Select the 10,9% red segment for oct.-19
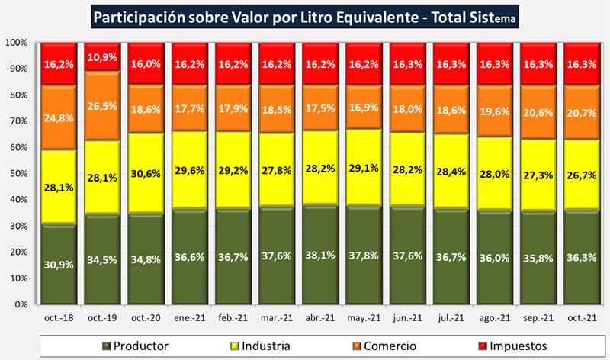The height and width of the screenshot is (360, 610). point(101,57)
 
